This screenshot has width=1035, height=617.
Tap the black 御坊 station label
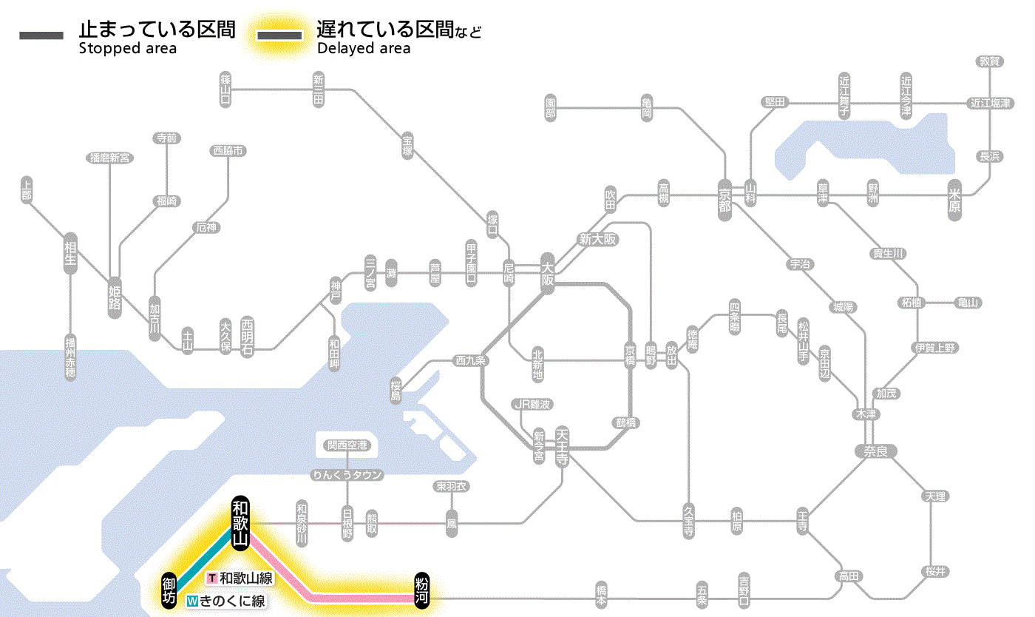click(169, 590)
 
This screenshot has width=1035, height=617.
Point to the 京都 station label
click(724, 196)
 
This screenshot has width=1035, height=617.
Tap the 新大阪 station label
click(597, 240)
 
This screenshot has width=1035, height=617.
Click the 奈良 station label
click(875, 451)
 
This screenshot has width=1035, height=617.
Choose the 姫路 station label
click(115, 297)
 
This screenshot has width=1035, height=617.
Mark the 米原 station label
click(956, 200)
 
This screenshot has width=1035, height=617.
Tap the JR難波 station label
click(533, 404)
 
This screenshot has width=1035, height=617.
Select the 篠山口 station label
click(225, 89)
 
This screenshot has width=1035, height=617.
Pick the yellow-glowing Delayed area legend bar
click(279, 36)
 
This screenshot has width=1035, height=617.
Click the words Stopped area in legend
click(127, 49)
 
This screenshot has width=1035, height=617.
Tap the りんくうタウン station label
click(347, 475)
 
